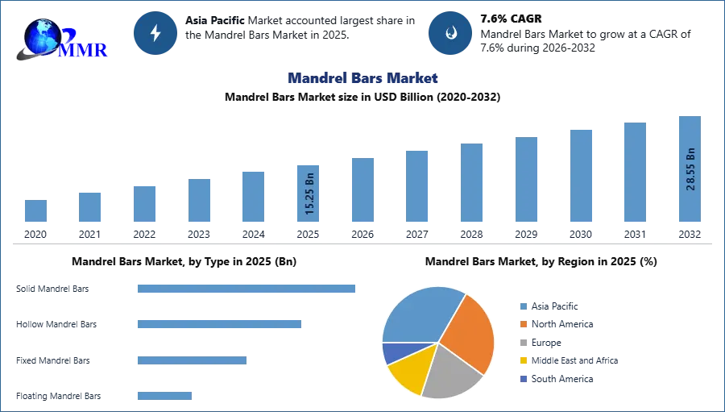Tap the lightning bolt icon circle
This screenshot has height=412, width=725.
pyautogui.click(x=155, y=33)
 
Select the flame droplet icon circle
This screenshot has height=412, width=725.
pyautogui.click(x=450, y=33)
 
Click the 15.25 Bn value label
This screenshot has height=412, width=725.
pyautogui.click(x=310, y=194)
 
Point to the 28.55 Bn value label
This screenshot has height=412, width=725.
pyautogui.click(x=690, y=169)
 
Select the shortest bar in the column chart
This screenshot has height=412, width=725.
pyautogui.click(x=35, y=212)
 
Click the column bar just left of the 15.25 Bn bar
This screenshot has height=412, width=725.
pyautogui.click(x=251, y=197)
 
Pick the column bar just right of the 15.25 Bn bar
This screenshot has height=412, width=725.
pyautogui.click(x=361, y=190)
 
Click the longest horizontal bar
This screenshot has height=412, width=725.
pyautogui.click(x=247, y=289)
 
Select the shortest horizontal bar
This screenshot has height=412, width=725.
pyautogui.click(x=164, y=393)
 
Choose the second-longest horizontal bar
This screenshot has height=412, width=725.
pyautogui.click(x=219, y=323)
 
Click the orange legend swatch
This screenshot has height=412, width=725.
pyautogui.click(x=523, y=324)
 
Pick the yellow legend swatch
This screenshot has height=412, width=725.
pyautogui.click(x=523, y=360)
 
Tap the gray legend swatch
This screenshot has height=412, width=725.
pyautogui.click(x=523, y=343)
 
